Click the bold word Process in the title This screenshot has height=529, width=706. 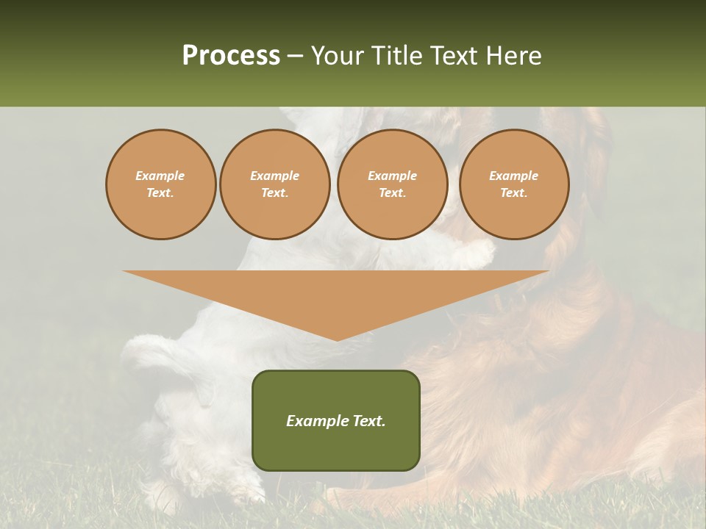[231, 56]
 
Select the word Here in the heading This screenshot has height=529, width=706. [512, 56]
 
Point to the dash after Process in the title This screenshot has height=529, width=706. [295, 57]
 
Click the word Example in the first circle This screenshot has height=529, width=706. [160, 176]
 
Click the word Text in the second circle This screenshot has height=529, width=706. [274, 193]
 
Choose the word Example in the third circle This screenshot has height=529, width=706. [393, 176]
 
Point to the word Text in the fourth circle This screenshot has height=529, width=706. [513, 193]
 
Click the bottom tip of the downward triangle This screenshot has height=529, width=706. [337, 339]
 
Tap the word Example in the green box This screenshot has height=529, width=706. [316, 421]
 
